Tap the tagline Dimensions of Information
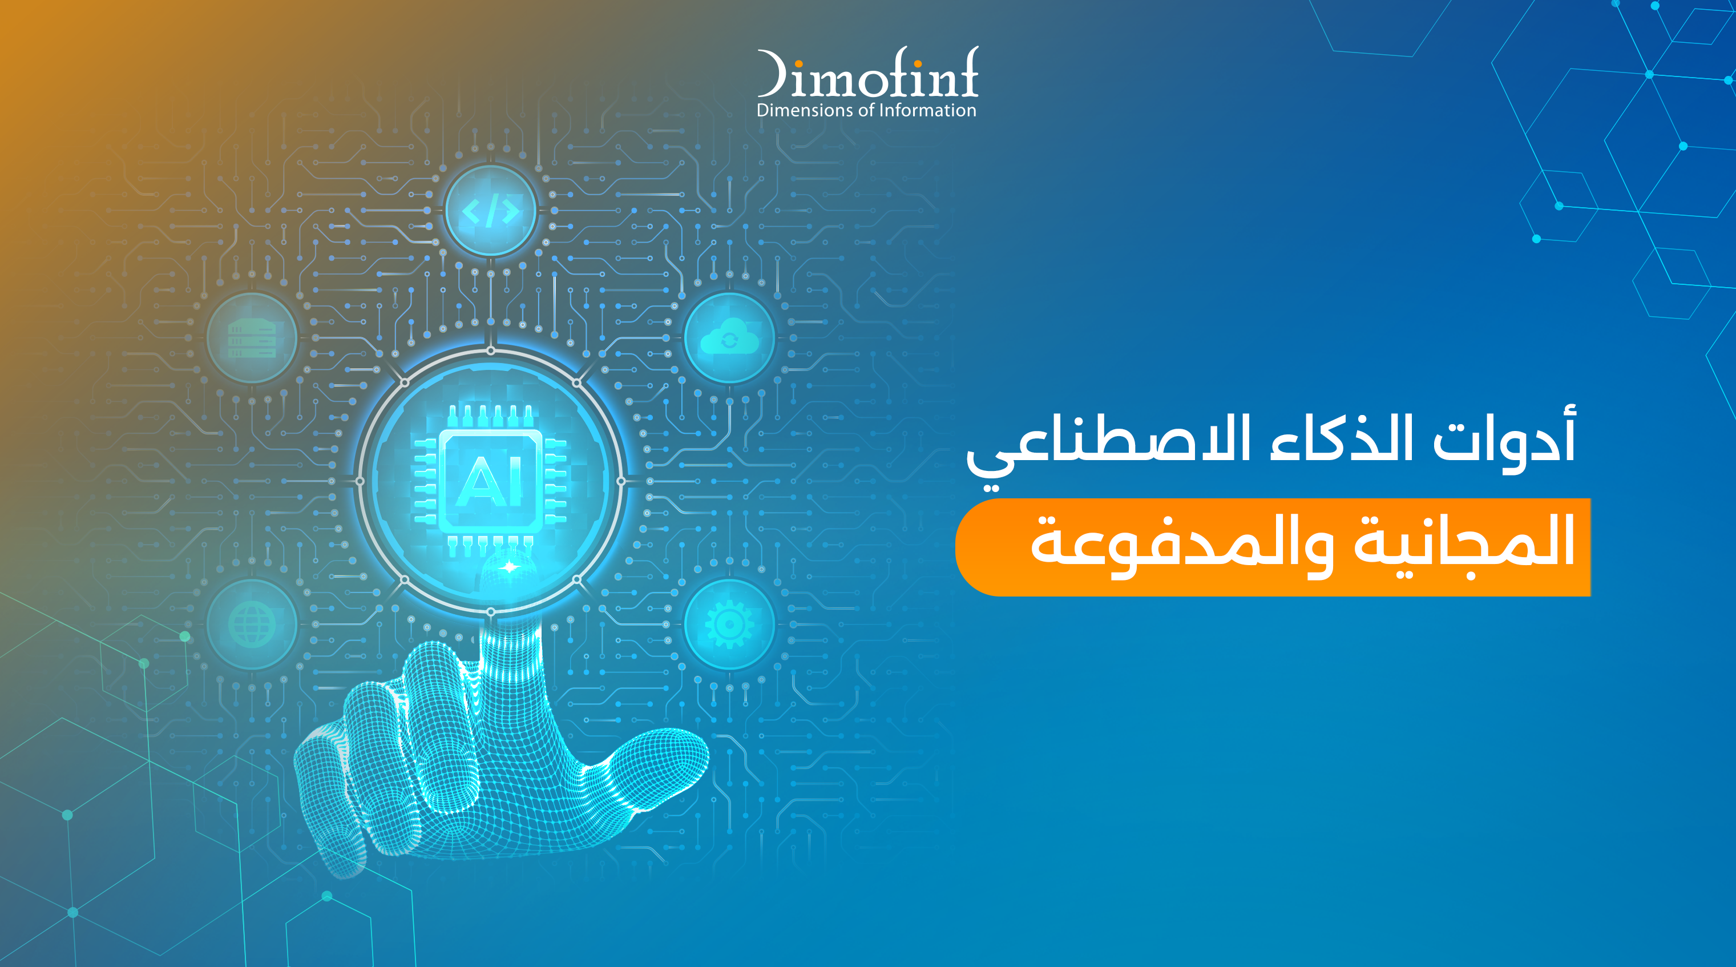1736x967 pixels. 867,111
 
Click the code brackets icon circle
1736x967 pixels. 491,211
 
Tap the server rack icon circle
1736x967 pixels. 252,338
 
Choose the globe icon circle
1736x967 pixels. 252,624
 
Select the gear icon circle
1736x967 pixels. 730,624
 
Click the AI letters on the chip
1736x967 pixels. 491,480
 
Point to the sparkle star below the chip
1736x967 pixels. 510,567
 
